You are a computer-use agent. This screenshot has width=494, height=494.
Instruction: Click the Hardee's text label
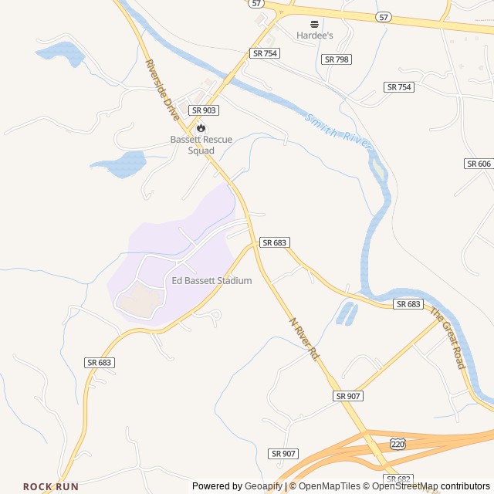tap(314, 35)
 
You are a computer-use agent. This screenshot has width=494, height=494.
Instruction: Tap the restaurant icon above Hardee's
tap(314, 24)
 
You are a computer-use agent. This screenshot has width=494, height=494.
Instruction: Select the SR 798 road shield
tap(337, 59)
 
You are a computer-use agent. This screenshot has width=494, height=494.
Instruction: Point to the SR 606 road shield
tap(479, 164)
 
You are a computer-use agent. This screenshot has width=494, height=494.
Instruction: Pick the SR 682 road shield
tap(399, 479)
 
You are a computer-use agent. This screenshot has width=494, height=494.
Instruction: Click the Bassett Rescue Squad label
tap(201, 145)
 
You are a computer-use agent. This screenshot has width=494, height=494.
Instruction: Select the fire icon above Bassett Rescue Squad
tap(201, 127)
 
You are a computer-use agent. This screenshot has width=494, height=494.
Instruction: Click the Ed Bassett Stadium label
tap(211, 281)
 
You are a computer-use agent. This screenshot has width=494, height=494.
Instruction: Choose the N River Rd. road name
tap(304, 338)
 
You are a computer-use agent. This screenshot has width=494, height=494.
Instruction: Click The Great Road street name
tap(448, 338)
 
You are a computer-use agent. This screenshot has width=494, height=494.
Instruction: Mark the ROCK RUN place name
tap(51, 486)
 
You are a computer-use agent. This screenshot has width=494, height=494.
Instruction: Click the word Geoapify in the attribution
tap(264, 486)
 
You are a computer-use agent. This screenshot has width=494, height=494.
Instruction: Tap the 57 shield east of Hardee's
tap(384, 16)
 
